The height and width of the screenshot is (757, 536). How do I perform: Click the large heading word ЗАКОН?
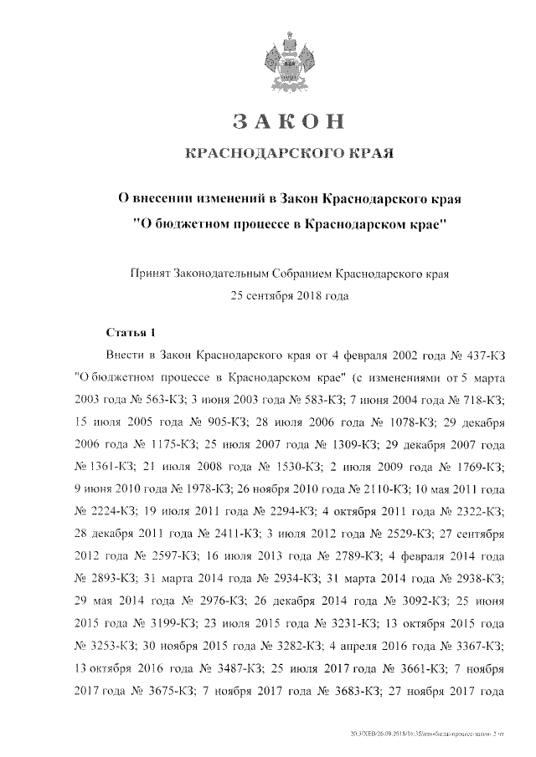point(289,121)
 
